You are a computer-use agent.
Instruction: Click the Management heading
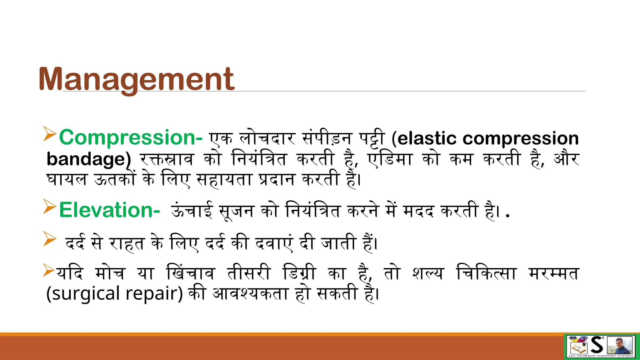136,79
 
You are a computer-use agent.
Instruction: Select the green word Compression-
131,137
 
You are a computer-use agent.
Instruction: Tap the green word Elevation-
109,210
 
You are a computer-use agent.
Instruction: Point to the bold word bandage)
89,159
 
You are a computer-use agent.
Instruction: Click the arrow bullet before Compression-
50,134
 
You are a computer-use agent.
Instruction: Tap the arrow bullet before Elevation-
50,206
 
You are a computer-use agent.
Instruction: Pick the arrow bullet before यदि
49,270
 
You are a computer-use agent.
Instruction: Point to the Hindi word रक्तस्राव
167,159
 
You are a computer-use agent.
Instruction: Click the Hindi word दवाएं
274,243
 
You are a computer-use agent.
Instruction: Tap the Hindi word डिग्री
299,273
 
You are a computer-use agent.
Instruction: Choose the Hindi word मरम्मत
553,273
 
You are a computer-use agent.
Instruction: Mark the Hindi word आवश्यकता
250,294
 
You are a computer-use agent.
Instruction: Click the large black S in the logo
597,346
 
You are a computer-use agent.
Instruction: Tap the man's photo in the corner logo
620,346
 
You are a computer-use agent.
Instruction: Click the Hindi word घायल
66,180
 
